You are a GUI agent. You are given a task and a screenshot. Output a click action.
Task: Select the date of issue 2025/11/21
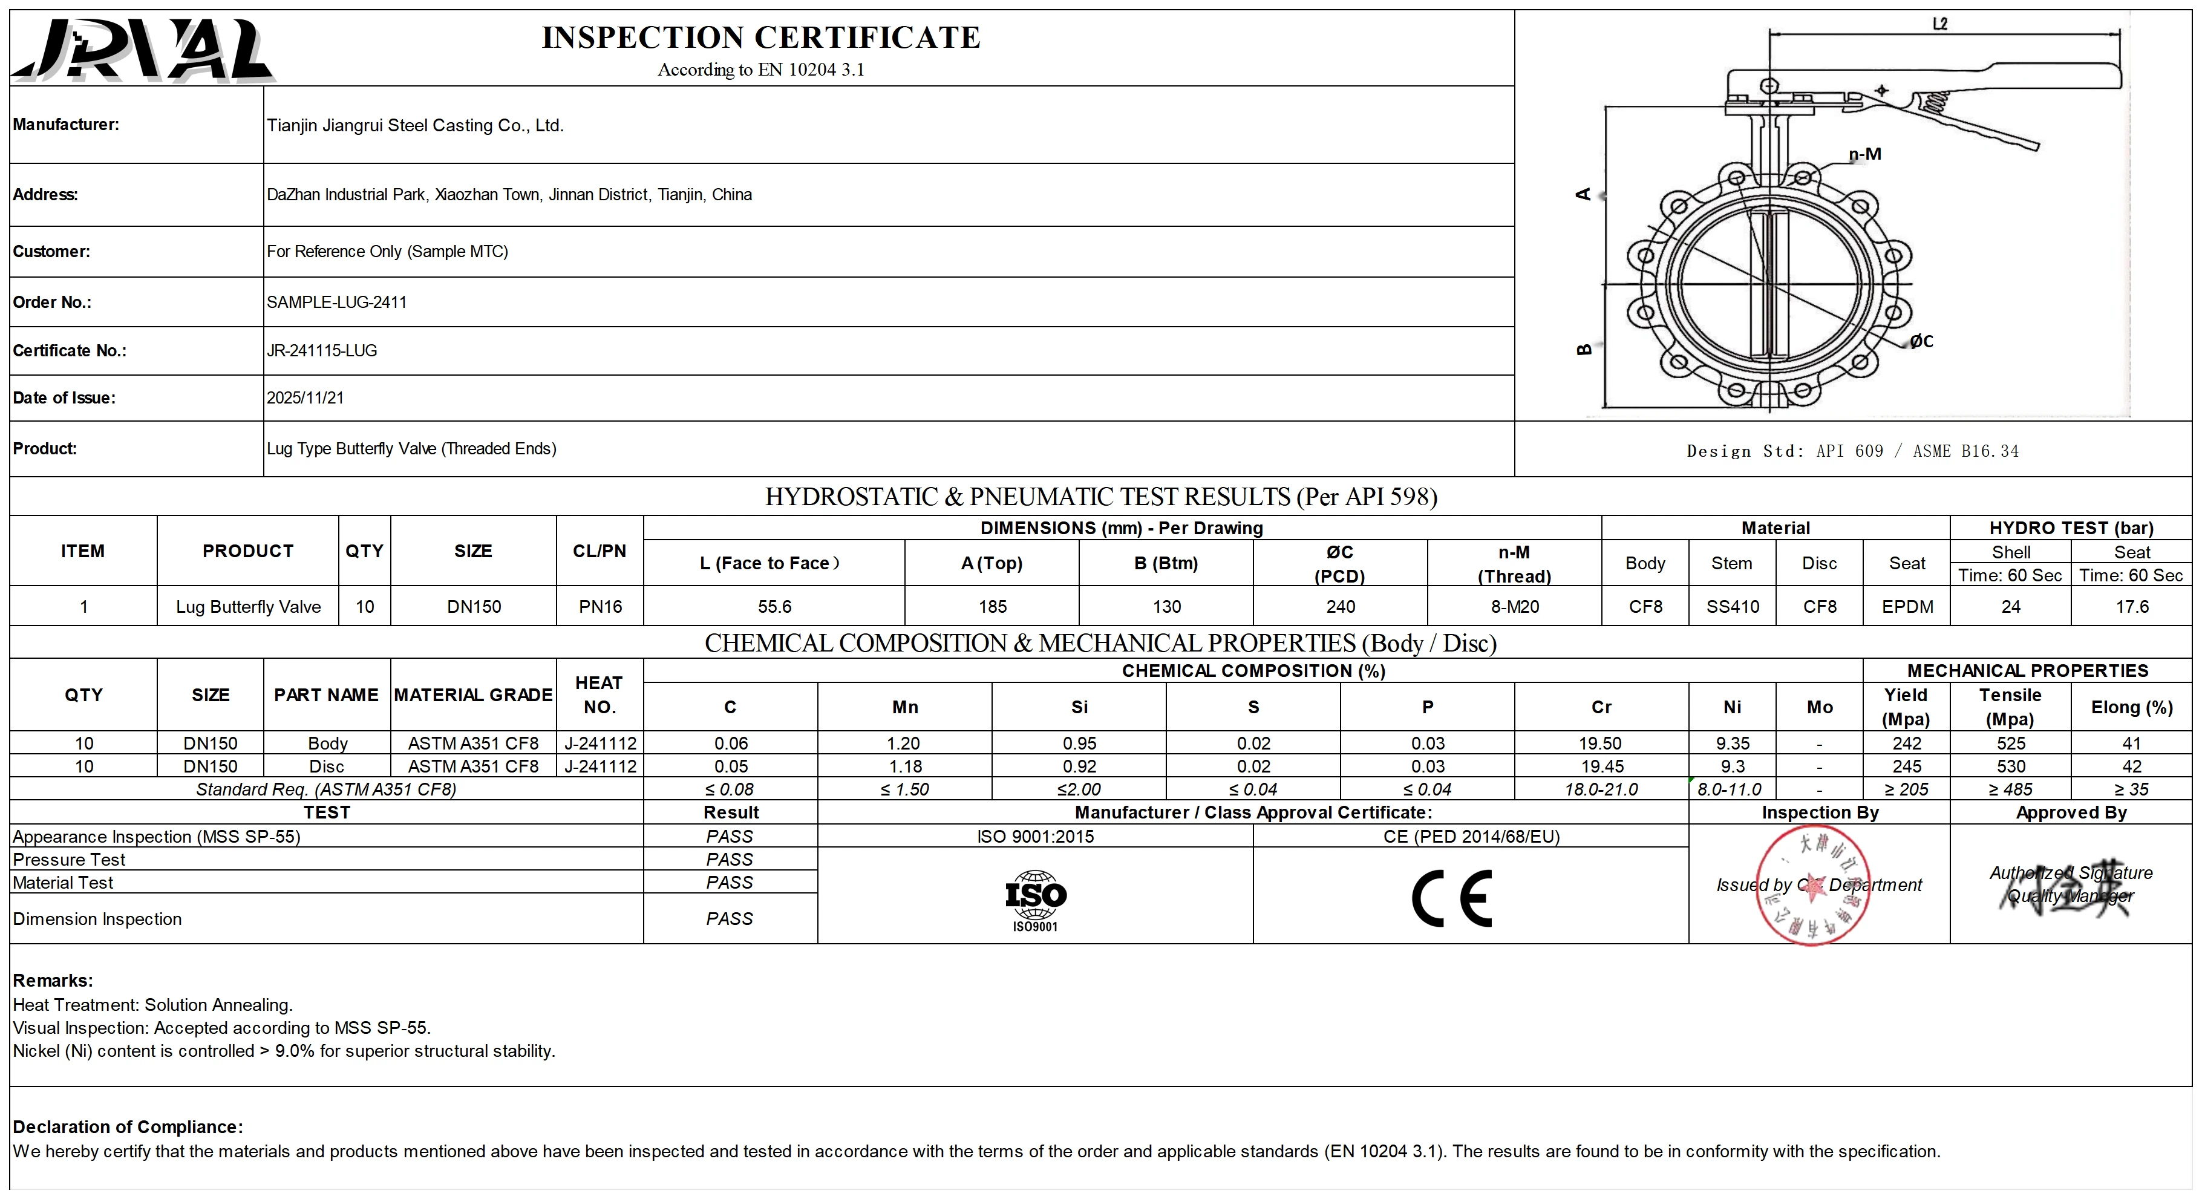305,397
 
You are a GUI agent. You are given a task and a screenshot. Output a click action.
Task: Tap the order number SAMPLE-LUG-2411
337,302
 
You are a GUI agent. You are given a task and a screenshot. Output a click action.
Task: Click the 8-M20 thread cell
1514,607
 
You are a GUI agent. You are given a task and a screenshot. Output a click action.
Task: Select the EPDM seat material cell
1907,607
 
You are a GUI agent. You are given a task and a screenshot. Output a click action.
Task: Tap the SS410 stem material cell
1733,607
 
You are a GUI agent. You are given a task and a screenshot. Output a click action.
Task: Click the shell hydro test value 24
2010,607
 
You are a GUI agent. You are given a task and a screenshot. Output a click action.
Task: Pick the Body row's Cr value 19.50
1601,743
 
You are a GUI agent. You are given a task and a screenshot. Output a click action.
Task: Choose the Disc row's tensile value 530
2010,766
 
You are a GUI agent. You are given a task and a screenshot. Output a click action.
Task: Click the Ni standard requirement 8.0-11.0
1730,789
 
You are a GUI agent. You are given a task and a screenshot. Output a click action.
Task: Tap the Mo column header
1819,707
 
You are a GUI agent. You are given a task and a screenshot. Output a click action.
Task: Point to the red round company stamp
1812,886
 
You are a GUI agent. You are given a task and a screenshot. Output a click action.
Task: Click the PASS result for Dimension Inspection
729,919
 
